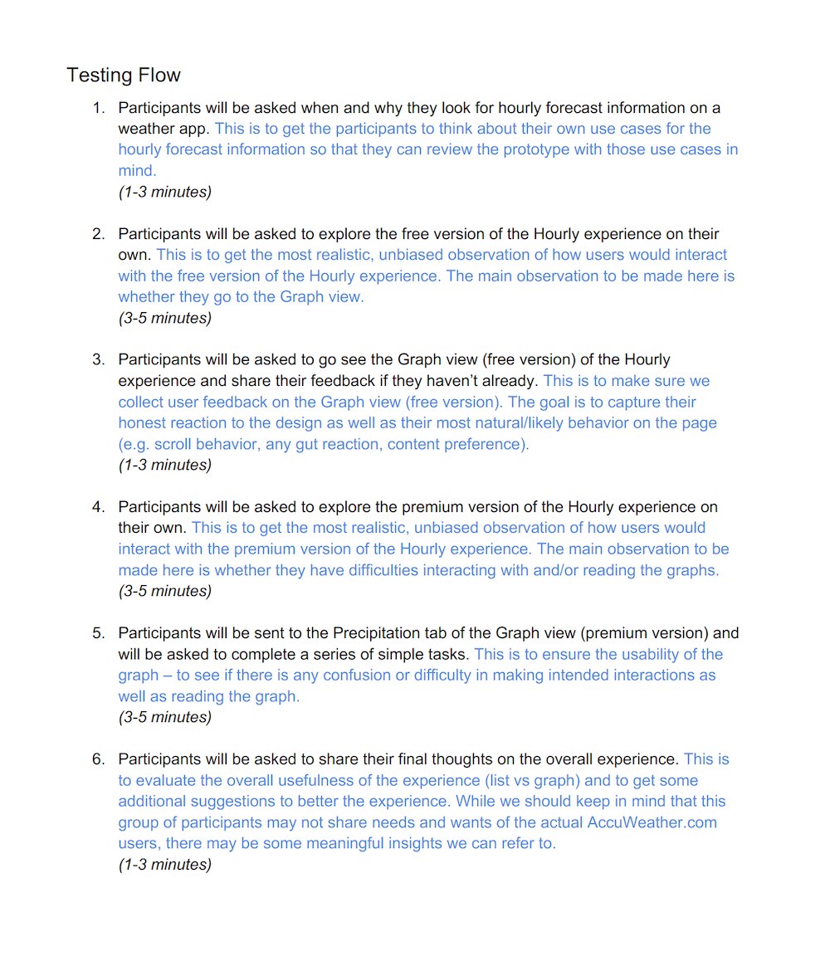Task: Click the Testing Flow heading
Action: [124, 75]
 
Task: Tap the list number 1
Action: [99, 108]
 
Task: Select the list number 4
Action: [99, 507]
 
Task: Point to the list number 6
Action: [99, 759]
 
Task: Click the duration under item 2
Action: [164, 318]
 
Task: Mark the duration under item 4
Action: [164, 591]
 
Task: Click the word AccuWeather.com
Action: [652, 822]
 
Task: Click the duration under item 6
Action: [164, 865]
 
